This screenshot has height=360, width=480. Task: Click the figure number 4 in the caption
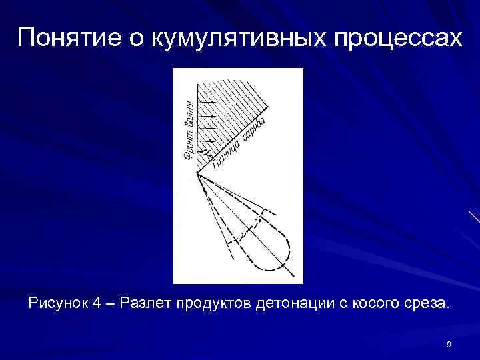tap(97, 305)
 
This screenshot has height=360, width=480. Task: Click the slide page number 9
tap(449, 344)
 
